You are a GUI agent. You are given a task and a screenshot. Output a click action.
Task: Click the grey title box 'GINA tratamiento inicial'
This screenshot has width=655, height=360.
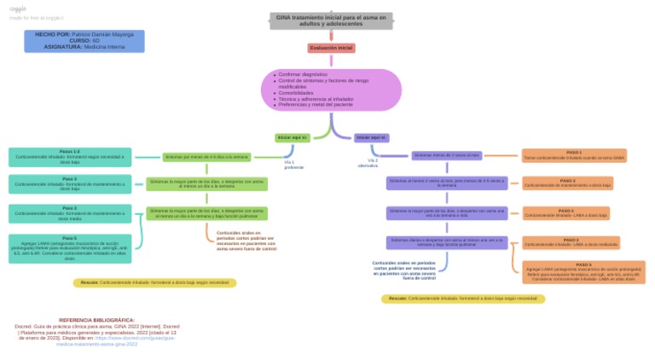[331, 20]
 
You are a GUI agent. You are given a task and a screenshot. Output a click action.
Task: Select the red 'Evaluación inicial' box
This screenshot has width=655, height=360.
[331, 49]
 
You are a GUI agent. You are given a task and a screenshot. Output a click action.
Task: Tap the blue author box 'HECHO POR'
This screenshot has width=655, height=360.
[84, 40]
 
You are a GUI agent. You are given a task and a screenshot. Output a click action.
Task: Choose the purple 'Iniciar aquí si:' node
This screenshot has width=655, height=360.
[371, 137]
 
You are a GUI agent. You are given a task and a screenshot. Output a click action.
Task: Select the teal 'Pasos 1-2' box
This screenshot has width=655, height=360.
[70, 157]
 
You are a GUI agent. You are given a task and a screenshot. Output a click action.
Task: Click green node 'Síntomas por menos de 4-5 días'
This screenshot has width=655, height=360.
[206, 157]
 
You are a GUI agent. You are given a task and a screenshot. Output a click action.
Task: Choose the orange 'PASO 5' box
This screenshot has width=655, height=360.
[583, 272]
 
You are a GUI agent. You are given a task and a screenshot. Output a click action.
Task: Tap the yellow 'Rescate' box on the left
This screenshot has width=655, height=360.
[154, 282]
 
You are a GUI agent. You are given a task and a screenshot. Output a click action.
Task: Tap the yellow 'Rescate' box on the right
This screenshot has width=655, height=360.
[463, 299]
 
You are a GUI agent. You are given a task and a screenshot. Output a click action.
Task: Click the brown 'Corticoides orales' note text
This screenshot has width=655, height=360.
[246, 241]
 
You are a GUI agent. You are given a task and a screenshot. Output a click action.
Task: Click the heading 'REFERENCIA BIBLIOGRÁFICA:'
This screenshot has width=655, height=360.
[96, 320]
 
